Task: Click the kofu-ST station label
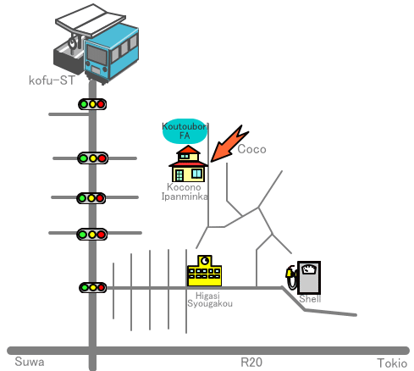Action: [52, 80]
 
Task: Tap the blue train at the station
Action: [112, 53]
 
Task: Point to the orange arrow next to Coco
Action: [229, 144]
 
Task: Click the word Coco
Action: [251, 149]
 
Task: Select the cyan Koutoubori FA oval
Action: [185, 131]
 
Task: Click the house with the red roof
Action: [188, 163]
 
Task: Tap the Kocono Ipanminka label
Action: [185, 191]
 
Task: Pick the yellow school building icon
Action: [204, 271]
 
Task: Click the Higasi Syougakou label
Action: [210, 300]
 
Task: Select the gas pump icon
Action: [303, 277]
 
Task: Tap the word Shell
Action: [310, 299]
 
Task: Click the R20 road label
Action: [251, 363]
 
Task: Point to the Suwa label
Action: [30, 362]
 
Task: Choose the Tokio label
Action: [392, 363]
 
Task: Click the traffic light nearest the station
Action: [92, 104]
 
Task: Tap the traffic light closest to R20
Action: [92, 288]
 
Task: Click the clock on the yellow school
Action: [205, 260]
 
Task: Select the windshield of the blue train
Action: [97, 55]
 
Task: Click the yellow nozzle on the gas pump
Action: [290, 272]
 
